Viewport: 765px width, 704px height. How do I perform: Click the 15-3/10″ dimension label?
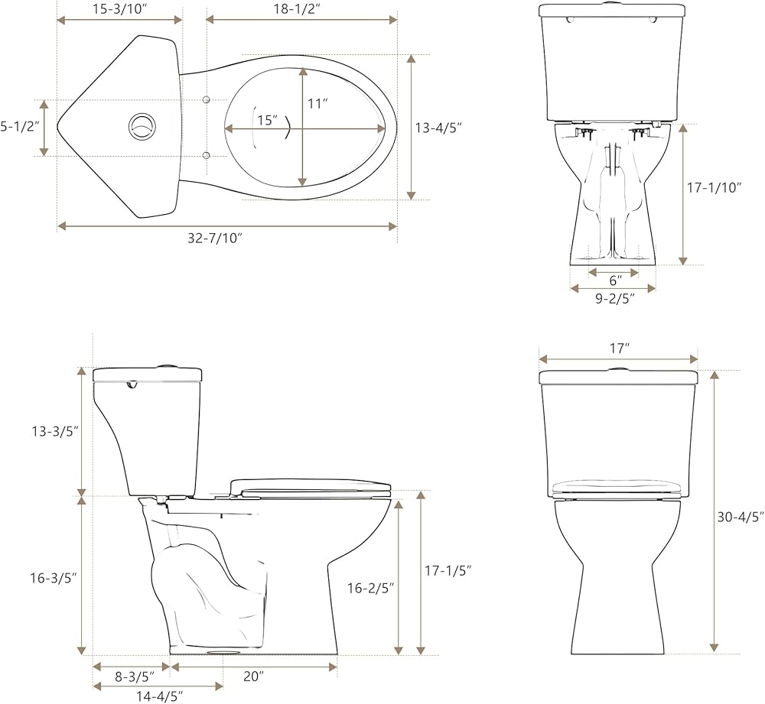[x=119, y=9]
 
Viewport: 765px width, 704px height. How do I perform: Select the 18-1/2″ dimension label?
[x=301, y=9]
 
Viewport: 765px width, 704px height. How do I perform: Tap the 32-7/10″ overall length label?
[x=215, y=238]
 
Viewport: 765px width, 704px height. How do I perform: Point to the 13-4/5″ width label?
[x=438, y=128]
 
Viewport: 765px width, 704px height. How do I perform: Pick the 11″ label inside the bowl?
[x=317, y=104]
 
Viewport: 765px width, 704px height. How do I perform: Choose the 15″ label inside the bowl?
[x=268, y=120]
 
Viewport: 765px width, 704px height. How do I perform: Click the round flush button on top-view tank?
[x=142, y=126]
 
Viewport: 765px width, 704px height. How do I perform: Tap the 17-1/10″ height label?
[x=715, y=188]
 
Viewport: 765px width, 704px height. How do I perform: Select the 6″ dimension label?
[x=616, y=281]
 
